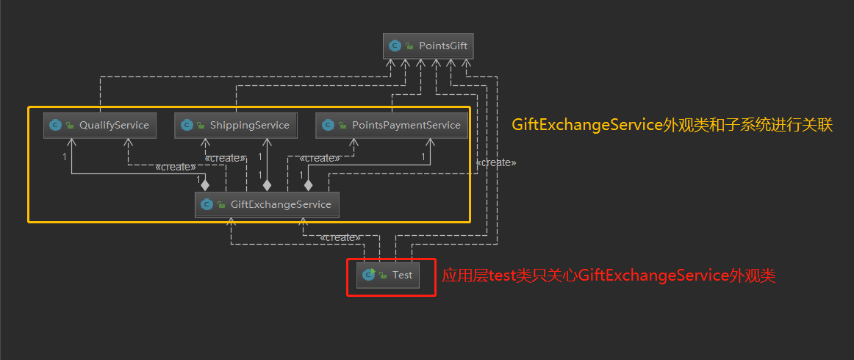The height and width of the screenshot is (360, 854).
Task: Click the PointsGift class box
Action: (428, 46)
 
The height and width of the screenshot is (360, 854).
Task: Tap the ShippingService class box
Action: (235, 125)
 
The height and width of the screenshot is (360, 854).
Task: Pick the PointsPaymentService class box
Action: (392, 125)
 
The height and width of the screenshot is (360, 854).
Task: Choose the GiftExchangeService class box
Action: (267, 204)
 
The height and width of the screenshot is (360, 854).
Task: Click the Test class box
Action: (388, 276)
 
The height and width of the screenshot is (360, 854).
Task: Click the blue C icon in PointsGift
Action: (395, 46)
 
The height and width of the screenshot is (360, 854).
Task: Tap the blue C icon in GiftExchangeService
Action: (207, 204)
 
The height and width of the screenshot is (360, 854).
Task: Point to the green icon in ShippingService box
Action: (200, 126)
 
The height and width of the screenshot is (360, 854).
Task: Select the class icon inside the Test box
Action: (369, 276)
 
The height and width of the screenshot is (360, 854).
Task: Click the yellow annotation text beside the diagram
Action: (672, 125)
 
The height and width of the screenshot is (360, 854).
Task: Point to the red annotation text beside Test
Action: (609, 276)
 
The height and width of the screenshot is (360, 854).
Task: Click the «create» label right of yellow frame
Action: (496, 162)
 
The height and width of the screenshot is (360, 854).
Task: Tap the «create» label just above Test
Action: (340, 237)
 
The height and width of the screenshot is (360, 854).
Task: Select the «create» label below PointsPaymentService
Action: (320, 158)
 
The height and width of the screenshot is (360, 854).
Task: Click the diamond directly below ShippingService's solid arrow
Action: (267, 185)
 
